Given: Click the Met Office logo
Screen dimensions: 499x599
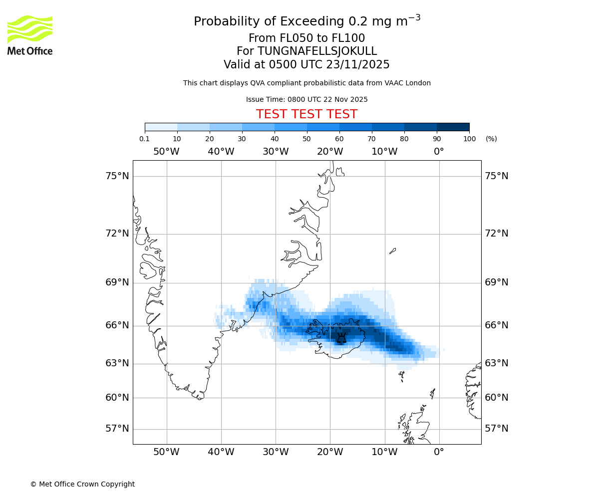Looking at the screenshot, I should (x=30, y=35).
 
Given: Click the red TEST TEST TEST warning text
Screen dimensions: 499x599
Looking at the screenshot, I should (x=306, y=114).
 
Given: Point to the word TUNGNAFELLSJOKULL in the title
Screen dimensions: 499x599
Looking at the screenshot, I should (x=317, y=51).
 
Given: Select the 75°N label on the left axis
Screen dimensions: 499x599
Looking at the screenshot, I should (x=117, y=176).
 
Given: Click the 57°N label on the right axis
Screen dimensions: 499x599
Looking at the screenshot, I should (x=497, y=429).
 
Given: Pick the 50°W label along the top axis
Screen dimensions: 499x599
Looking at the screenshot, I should (x=166, y=151).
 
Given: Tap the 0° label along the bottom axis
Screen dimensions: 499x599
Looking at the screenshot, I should (x=439, y=452).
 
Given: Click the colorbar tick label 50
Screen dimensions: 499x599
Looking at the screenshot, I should (x=306, y=139).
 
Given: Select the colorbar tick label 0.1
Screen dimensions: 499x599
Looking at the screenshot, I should (x=145, y=139).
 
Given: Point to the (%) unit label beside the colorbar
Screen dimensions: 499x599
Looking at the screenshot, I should (x=491, y=139).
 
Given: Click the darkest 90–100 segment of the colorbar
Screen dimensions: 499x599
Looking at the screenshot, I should (x=453, y=127).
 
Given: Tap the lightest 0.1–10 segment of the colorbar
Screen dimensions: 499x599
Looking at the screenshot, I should (x=161, y=127).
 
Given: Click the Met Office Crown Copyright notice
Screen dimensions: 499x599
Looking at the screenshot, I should (x=82, y=484).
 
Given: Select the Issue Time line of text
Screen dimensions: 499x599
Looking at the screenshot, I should (x=306, y=99).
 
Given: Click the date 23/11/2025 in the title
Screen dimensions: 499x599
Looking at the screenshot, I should (x=358, y=65).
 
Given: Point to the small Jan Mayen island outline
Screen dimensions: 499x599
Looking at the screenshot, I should (x=392, y=250).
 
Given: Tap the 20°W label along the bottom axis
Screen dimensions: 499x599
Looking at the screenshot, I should (x=330, y=452).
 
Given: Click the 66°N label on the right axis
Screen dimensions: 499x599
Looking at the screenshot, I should (x=497, y=325).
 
